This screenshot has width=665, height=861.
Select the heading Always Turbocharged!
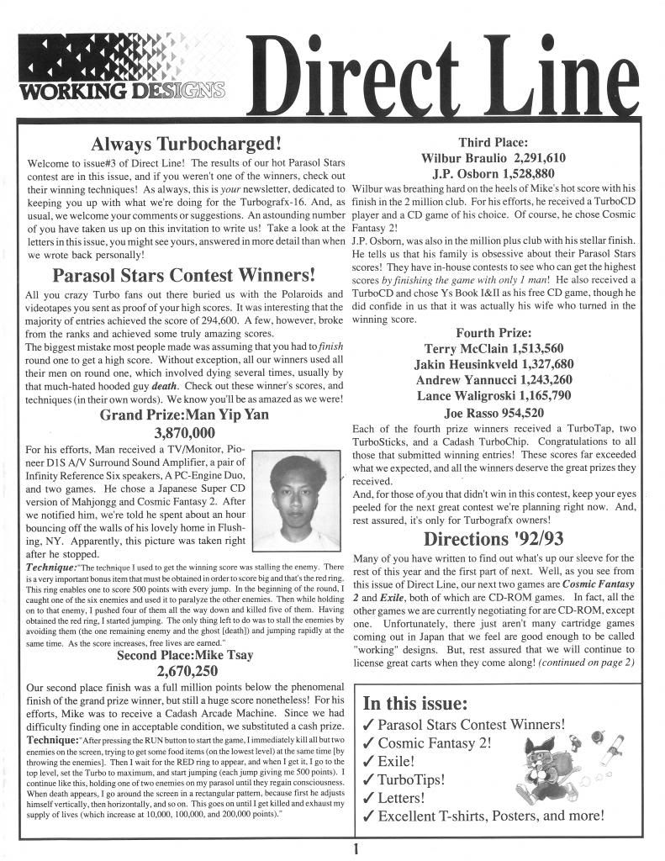pos(186,142)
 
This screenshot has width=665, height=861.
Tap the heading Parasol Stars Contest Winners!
pos(184,275)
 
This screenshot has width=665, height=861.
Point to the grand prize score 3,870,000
pos(185,433)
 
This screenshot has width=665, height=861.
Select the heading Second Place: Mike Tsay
pos(185,655)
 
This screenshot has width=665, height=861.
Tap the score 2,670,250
pos(187,671)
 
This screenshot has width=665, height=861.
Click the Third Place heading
pos(493,142)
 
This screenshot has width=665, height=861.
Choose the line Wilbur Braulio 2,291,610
pos(493,158)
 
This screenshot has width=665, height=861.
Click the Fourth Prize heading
pos(493,332)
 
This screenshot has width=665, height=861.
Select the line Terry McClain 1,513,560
pos(493,348)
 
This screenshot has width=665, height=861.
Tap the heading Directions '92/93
pos(494,538)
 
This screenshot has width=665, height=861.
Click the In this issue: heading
pos(414,703)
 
